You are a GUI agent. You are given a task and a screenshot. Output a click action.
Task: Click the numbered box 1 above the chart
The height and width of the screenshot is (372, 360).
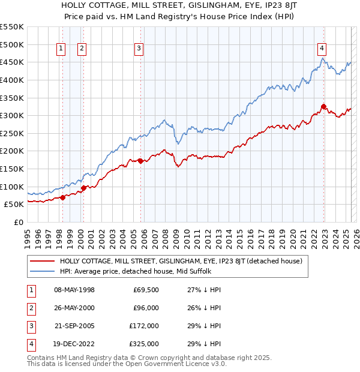point(61,50)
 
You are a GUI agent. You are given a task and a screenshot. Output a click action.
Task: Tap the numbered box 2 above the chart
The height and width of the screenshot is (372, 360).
point(82,50)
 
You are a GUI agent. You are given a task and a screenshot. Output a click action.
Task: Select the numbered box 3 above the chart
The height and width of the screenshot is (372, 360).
point(139,50)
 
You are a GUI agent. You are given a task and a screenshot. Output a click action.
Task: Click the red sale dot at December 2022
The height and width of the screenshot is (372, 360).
point(323,107)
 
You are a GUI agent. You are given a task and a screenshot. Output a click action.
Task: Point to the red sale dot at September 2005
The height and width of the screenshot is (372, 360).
point(140,161)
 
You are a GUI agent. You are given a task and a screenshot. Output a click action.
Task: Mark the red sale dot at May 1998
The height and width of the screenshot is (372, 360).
point(62,197)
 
